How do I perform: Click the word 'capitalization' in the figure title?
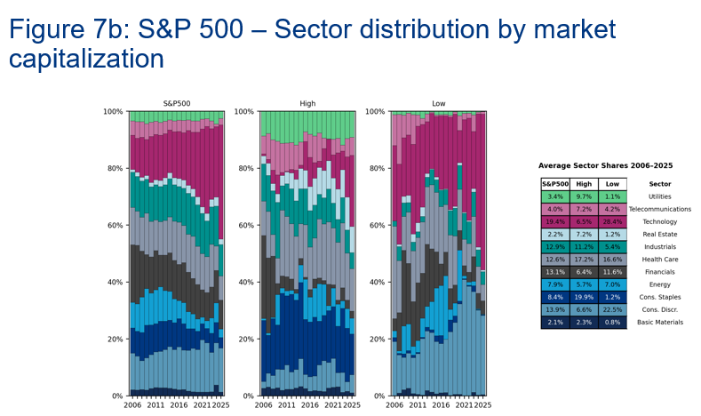[86, 60]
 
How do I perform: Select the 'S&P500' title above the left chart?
[177, 104]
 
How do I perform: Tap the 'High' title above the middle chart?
[307, 104]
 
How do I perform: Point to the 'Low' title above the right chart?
[438, 104]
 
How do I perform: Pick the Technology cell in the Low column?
[612, 221]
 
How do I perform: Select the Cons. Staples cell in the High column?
[584, 297]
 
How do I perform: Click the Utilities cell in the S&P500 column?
[555, 196]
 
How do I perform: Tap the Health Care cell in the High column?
[584, 259]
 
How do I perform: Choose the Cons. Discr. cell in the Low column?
[612, 309]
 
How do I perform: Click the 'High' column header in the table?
[584, 183]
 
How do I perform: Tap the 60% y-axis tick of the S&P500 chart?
[116, 225]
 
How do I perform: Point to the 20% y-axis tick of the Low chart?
[377, 339]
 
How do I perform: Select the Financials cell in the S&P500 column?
[555, 272]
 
